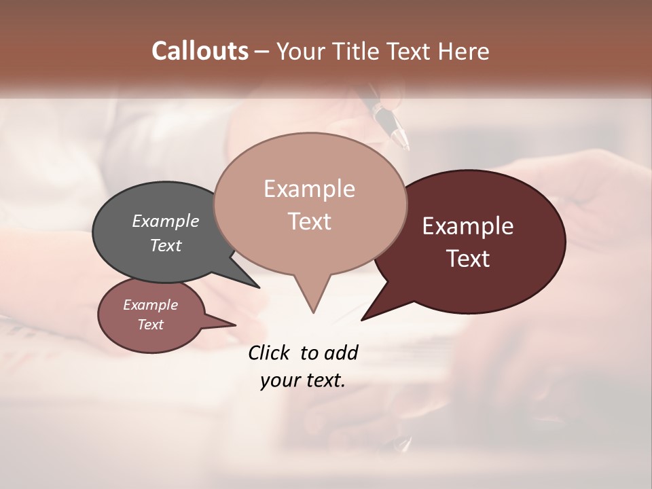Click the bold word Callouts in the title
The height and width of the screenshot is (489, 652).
click(x=200, y=51)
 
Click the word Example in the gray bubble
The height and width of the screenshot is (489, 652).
click(x=165, y=221)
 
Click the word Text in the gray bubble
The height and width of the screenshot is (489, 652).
click(x=165, y=245)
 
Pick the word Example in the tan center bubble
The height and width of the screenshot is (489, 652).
click(x=309, y=189)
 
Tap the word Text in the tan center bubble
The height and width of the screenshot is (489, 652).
click(x=309, y=221)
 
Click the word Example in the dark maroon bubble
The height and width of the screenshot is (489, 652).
click(x=468, y=226)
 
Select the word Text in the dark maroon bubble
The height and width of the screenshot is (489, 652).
click(x=468, y=259)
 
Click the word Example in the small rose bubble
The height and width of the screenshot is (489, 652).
click(x=150, y=305)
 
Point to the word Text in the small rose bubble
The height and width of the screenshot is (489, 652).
click(x=150, y=325)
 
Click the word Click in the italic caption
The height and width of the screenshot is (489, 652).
click(x=270, y=352)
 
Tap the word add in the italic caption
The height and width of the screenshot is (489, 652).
click(x=341, y=352)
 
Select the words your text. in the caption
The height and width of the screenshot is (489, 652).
click(x=302, y=380)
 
